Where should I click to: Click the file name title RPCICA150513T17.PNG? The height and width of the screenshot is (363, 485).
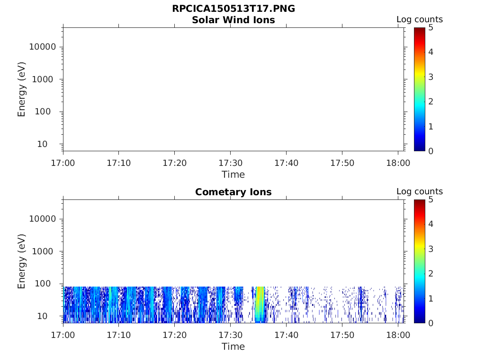233,9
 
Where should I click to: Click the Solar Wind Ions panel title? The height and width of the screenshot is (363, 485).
233,20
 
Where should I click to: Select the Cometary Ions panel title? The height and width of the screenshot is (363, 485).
233,192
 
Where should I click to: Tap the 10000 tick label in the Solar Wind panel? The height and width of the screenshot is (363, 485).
43,47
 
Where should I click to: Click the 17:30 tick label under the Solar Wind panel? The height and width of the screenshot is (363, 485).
230,163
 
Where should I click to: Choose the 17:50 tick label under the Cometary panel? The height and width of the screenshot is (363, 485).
342,335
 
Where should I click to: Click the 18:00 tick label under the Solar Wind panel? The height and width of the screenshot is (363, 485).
398,163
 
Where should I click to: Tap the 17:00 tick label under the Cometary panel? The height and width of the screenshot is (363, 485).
63,335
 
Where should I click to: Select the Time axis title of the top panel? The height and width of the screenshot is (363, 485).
233,174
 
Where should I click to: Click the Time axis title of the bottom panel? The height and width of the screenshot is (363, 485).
233,346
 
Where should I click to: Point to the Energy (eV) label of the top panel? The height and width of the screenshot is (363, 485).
22,89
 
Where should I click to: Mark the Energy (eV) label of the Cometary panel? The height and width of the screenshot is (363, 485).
22,261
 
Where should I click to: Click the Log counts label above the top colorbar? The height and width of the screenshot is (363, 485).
419,19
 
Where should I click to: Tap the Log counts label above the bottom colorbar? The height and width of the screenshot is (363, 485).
419,191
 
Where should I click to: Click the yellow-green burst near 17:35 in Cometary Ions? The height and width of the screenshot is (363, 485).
260,305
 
